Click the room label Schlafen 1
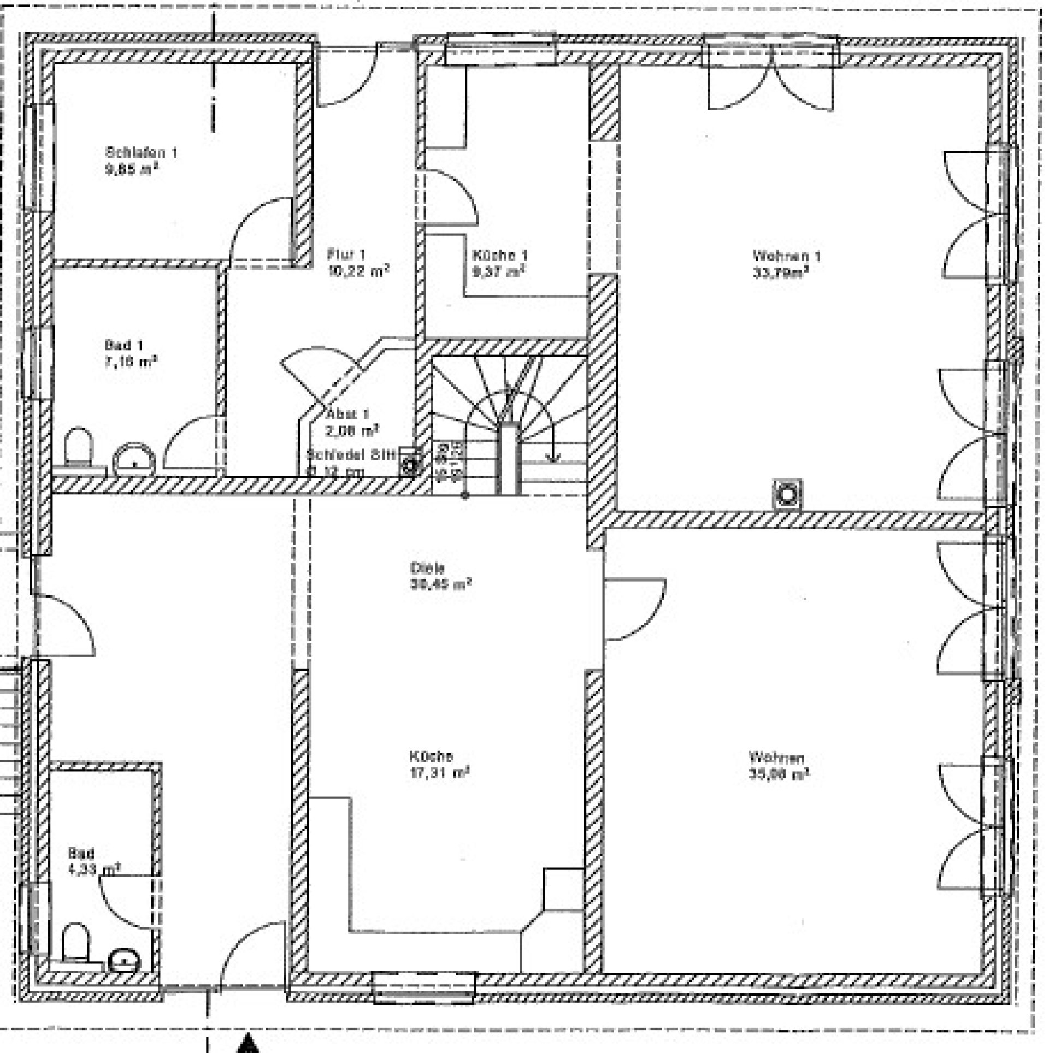pyautogui.click(x=142, y=152)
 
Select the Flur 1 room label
pyautogui.click(x=346, y=254)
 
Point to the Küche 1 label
pyautogui.click(x=500, y=255)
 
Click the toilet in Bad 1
pyautogui.click(x=79, y=447)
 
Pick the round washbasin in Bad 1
pyautogui.click(x=134, y=458)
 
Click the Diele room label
pyautogui.click(x=427, y=567)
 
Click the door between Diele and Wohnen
pyautogui.click(x=634, y=608)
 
